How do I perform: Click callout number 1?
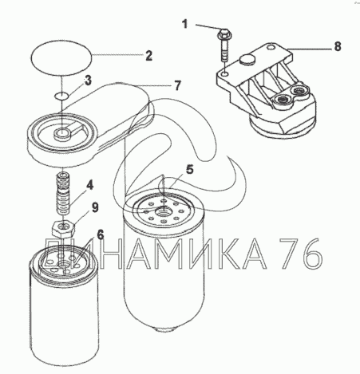pos(185,24)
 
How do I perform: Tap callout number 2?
pos(149,56)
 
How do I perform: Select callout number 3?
pos(88,80)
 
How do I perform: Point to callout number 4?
pos(90,185)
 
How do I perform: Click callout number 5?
pos(190,169)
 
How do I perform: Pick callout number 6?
pos(100,234)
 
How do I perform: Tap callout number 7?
pos(178,85)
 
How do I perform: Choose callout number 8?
pos(338,46)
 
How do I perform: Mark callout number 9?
pos(95,207)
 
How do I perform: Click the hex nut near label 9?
pos(63,228)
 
